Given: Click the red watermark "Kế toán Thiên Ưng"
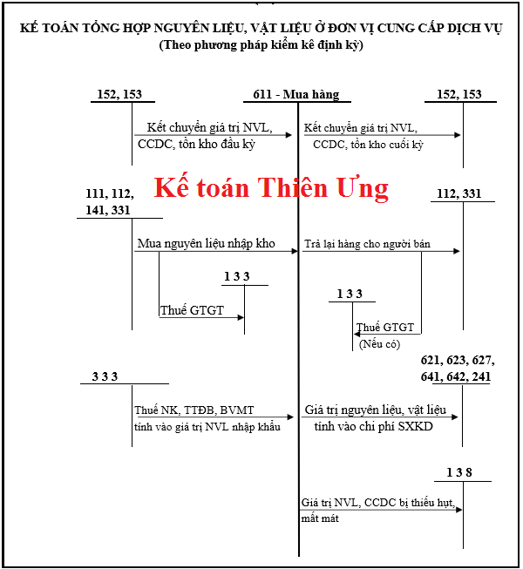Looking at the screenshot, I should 271,188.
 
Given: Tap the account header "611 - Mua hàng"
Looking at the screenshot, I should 292,94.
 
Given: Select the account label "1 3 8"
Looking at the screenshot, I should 458,472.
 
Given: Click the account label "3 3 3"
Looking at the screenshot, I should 105,376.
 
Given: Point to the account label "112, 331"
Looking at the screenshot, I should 458,193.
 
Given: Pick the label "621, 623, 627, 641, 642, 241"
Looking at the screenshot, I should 455,369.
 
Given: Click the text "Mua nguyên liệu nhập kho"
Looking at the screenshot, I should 206,244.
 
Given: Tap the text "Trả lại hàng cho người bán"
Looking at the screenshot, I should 367,244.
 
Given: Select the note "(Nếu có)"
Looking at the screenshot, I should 379,344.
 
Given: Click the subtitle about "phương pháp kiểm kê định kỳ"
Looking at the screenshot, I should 261,45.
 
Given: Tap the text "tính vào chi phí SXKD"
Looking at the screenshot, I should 368,426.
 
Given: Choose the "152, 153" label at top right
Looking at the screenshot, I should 458,94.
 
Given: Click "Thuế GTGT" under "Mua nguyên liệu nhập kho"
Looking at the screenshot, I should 192,310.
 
